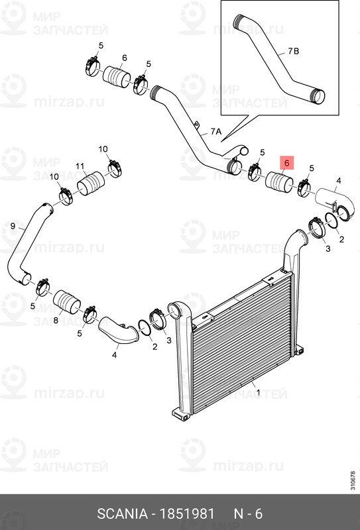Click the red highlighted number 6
click(x=287, y=163)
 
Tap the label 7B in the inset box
click(x=294, y=52)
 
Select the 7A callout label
click(x=216, y=131)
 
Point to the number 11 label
click(x=80, y=166)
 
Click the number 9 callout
click(x=13, y=226)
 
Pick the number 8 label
click(x=56, y=320)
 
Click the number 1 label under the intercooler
click(x=258, y=393)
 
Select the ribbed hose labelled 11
click(x=91, y=184)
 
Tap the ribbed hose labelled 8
click(x=67, y=301)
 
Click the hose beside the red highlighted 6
click(x=280, y=184)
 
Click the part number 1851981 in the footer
click(x=187, y=514)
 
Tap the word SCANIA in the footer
click(x=122, y=514)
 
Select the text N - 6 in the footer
click(x=248, y=514)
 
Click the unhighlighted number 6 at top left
click(x=125, y=58)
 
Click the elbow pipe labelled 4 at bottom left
click(x=119, y=329)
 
